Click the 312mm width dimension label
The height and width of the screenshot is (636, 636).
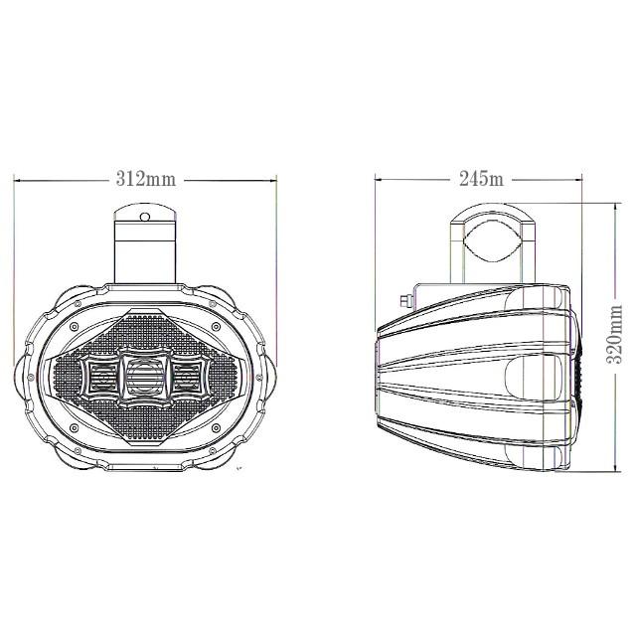click(146, 179)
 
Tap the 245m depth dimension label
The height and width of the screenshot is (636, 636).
click(481, 179)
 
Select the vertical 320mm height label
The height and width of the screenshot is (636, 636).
click(614, 335)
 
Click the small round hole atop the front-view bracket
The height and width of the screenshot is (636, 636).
click(145, 217)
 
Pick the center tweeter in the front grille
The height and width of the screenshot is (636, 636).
click(144, 378)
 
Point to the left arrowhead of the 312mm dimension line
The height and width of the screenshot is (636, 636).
click(17, 180)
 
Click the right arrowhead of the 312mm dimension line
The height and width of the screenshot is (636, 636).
click(273, 180)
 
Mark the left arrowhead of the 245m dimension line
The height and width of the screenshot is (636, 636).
click(379, 179)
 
